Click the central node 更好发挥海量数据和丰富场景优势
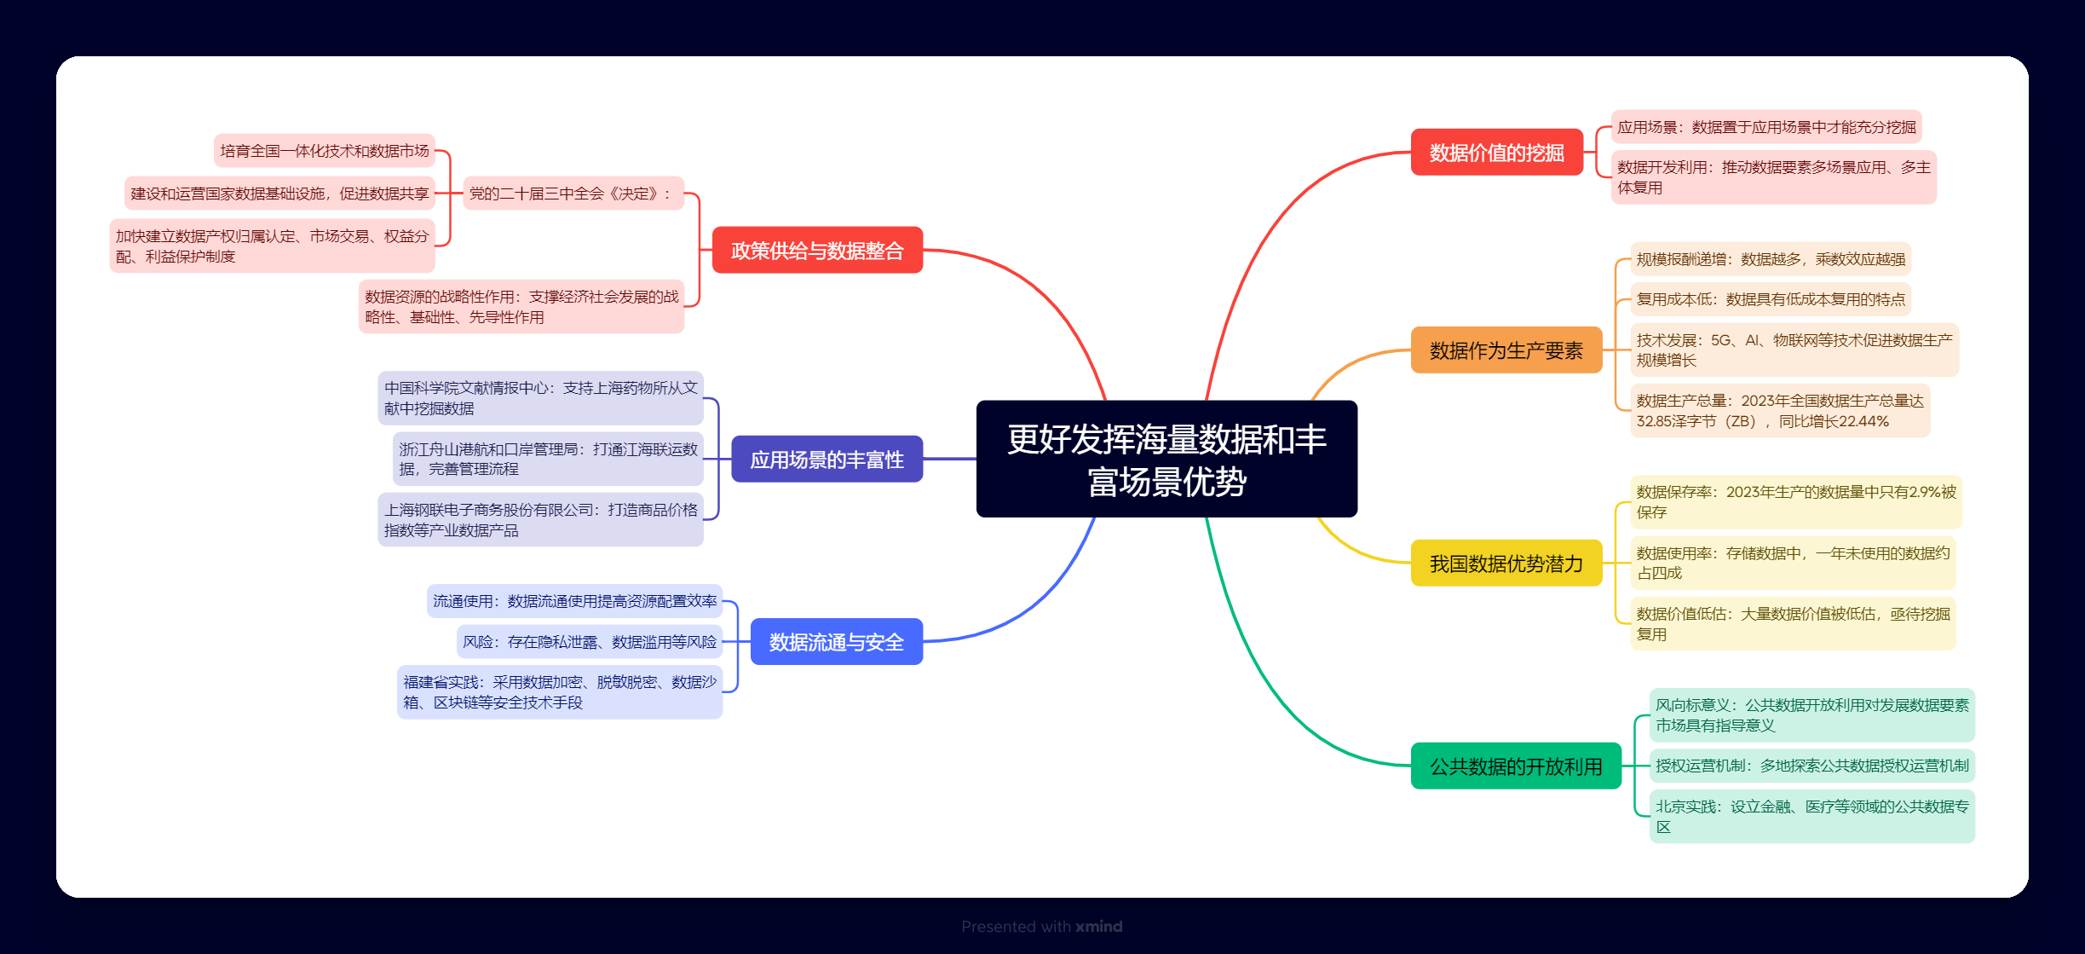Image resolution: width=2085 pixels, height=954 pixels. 1166,459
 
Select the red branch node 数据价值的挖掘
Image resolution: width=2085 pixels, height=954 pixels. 1496,153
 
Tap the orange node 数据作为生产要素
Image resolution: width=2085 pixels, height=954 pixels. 1506,350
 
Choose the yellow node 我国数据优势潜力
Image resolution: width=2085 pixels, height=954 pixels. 1506,564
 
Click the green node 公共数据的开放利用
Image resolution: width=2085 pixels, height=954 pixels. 1515,766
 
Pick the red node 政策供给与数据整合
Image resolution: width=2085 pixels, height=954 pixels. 816,251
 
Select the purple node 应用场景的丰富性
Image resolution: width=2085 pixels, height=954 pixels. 827,460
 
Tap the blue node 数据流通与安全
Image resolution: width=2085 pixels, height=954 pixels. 836,642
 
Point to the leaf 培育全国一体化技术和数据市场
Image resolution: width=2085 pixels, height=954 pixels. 324,151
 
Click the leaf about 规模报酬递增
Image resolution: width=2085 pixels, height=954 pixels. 1770,259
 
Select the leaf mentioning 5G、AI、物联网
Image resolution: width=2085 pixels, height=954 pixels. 1794,350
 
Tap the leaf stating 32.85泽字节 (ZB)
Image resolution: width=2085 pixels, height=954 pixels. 1779,411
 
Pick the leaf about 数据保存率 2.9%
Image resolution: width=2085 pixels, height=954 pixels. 1795,502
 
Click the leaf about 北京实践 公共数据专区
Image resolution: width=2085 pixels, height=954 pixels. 1811,817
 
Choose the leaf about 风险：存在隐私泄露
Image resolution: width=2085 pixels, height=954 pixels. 589,642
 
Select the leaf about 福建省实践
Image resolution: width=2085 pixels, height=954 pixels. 559,692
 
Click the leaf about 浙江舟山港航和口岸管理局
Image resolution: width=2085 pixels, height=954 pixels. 547,459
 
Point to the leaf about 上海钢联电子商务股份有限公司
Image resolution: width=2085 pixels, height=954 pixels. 540,520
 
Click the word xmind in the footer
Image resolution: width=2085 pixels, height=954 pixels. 1098,927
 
